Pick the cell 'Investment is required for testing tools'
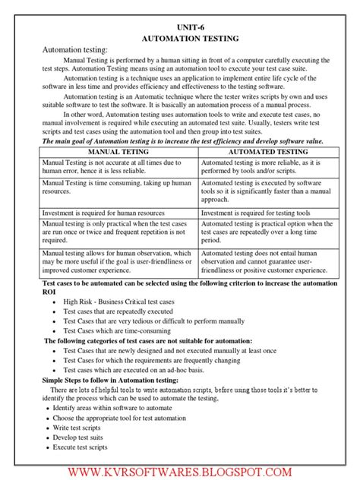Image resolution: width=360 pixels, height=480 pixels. (x=261, y=213)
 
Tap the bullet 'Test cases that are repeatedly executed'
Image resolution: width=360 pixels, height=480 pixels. (x=118, y=311)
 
